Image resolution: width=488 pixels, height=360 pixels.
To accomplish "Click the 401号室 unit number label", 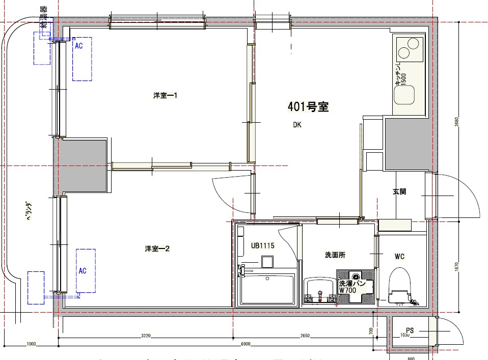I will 308,107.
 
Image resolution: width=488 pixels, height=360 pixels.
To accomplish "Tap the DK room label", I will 297,125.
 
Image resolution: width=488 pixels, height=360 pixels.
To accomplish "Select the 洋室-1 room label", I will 165,96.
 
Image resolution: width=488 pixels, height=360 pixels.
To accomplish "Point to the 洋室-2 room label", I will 156,249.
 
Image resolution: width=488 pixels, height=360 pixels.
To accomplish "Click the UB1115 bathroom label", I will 262,245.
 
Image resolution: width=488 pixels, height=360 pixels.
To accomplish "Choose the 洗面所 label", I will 335,255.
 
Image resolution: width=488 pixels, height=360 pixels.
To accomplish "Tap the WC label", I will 399,256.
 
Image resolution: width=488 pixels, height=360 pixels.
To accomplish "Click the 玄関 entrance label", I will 399,192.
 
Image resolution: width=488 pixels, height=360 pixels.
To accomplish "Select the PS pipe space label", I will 410,330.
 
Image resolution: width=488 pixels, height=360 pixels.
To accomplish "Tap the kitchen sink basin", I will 406,94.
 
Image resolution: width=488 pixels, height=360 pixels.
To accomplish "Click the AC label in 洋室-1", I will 78,46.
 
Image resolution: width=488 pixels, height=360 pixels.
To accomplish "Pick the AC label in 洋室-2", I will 82,271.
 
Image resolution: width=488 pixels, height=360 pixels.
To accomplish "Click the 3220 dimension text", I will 146,336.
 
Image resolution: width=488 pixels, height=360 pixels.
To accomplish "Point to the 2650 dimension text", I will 305,336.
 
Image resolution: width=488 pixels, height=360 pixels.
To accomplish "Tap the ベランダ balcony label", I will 29,211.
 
